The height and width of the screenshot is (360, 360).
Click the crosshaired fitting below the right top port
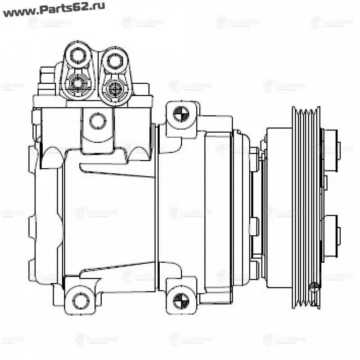coord(114,86)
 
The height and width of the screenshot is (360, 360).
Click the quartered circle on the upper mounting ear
coord(181,112)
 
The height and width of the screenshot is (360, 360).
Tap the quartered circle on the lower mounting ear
coord(181,300)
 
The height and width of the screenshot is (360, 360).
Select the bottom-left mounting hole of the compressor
coord(81,299)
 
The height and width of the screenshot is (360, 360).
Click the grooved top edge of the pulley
coord(306,112)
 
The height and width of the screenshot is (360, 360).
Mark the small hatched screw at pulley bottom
coord(315,286)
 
